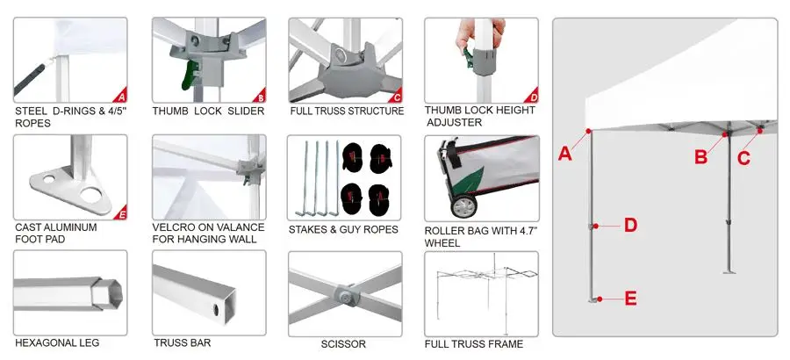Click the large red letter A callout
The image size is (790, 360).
tap(565, 154)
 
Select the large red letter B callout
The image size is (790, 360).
tap(700, 157)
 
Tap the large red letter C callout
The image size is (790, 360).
tap(743, 158)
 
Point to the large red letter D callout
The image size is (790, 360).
tap(629, 226)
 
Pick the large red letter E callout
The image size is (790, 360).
tap(629, 299)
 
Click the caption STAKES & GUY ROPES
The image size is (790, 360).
tap(343, 230)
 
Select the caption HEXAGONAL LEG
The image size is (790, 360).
tap(57, 343)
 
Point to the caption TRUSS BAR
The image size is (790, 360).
tap(182, 343)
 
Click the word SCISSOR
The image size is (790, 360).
tap(343, 344)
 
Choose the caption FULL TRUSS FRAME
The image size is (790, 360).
tap(473, 344)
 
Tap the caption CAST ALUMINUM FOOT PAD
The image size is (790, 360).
tap(56, 233)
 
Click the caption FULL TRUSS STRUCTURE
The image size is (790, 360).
tap(347, 112)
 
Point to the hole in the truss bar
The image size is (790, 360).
tap(216, 310)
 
